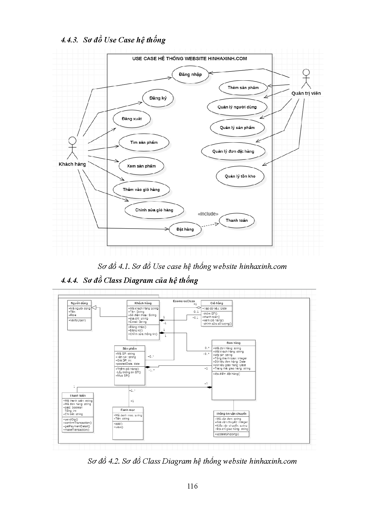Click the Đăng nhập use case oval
coord(190,74)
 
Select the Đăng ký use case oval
coord(158,98)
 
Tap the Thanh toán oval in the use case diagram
coord(236,220)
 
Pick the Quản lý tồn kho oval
coord(240,176)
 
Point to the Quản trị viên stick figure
coord(306,79)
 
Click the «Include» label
coord(208,214)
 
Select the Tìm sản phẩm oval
coord(144,142)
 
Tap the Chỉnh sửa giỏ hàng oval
coord(154,210)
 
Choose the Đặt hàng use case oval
coord(185,229)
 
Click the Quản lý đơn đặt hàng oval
coord(233,151)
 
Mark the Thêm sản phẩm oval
coord(243,87)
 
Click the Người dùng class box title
coord(79,303)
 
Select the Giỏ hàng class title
coord(217,303)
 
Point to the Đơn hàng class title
coord(234,343)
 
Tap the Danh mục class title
coord(128,409)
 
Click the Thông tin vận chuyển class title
coord(231,414)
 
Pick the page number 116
coord(192,486)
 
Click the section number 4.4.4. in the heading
coord(69,280)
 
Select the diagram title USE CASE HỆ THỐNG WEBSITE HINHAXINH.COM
coord(189,58)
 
